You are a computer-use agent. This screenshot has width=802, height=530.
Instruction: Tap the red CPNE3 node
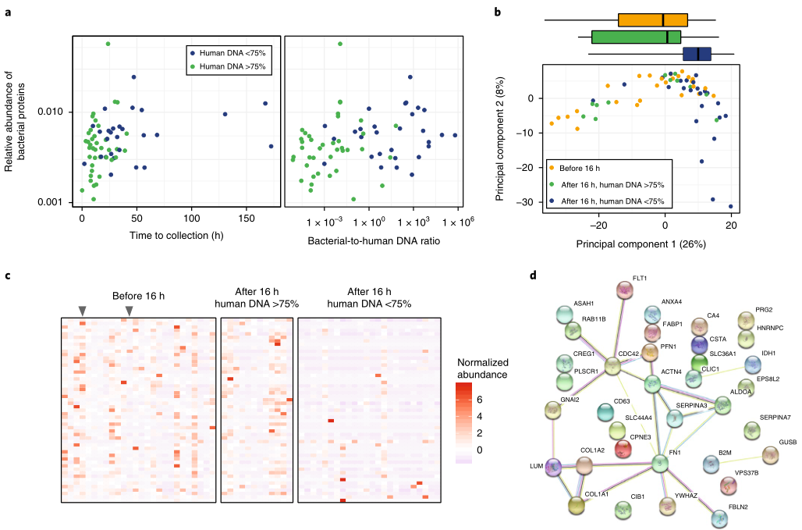pos(618,449)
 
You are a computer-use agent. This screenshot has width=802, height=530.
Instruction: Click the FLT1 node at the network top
pos(624,290)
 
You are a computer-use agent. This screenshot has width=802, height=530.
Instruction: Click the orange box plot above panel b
pos(652,20)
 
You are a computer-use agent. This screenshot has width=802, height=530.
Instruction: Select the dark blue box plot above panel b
pos(697,54)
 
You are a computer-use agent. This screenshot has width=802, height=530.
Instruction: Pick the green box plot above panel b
pos(636,37)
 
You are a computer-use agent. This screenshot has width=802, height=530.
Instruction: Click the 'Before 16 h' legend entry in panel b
pos(581,167)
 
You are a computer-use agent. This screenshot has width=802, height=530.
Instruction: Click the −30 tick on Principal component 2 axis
pos(528,202)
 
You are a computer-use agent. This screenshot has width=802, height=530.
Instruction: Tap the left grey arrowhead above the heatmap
pos(82,311)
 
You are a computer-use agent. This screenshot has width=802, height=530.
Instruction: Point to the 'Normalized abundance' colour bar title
pos(484,368)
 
